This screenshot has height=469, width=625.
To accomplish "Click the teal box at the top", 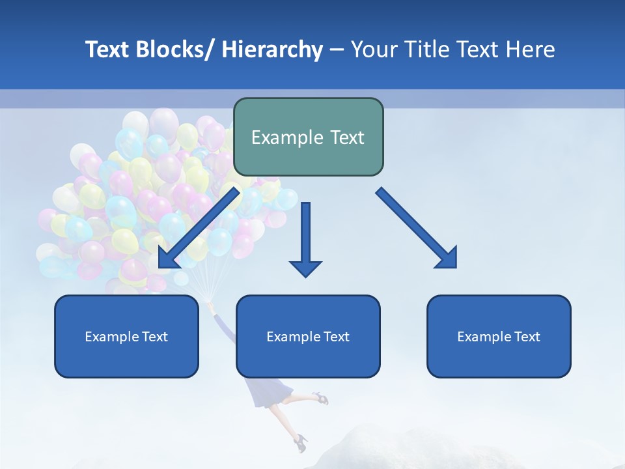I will coord(308,137).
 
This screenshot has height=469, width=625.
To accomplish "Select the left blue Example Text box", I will coord(126,336).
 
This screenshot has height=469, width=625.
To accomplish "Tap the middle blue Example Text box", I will coord(308,336).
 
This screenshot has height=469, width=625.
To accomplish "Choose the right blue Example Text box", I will coord(499,336).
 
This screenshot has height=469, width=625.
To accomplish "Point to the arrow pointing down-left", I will coord(198,228).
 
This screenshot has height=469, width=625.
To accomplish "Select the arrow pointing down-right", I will coord(417,228).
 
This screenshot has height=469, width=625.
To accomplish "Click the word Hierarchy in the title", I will coord(272,50).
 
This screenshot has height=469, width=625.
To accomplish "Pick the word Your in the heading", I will coord(374,50).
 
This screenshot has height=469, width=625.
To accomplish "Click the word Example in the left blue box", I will coord(108,337).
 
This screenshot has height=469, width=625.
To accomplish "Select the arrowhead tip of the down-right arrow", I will coord(455,266).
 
